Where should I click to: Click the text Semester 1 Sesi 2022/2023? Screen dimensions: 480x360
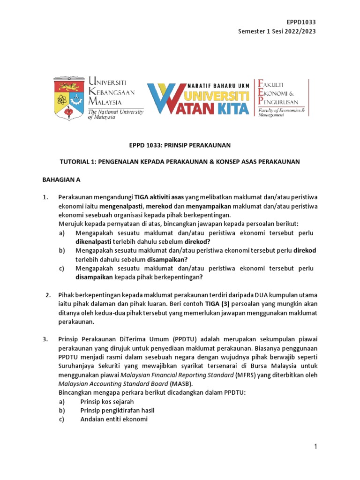tap(277, 31)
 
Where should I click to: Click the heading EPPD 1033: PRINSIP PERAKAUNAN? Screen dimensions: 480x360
tap(180, 145)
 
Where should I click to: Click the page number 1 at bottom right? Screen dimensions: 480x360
tap(316, 447)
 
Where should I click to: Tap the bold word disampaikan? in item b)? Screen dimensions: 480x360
tap(167, 259)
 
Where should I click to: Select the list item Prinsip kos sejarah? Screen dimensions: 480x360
tap(107, 402)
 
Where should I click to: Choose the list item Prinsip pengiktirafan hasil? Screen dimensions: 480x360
tap(117, 411)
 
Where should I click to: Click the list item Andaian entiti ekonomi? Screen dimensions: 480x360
tap(114, 420)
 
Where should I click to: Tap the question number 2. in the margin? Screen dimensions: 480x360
tap(48, 295)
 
